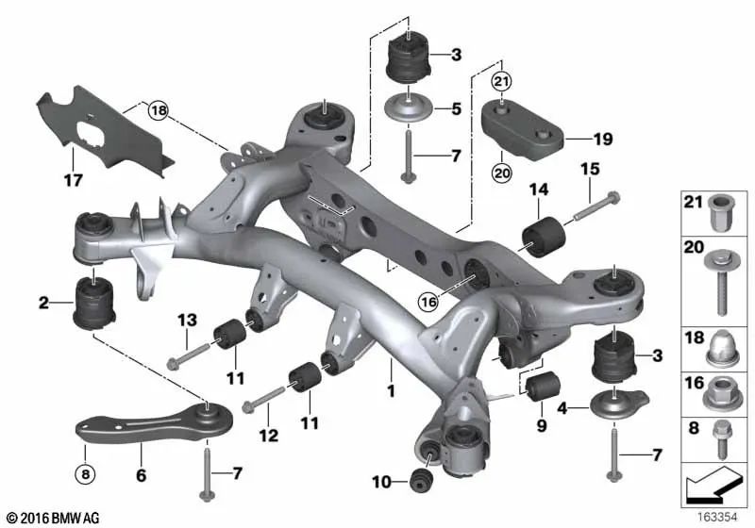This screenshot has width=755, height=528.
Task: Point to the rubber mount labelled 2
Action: [94, 300]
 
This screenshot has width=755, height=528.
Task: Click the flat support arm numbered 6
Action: [142, 425]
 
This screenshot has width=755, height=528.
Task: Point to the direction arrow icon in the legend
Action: [713, 487]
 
